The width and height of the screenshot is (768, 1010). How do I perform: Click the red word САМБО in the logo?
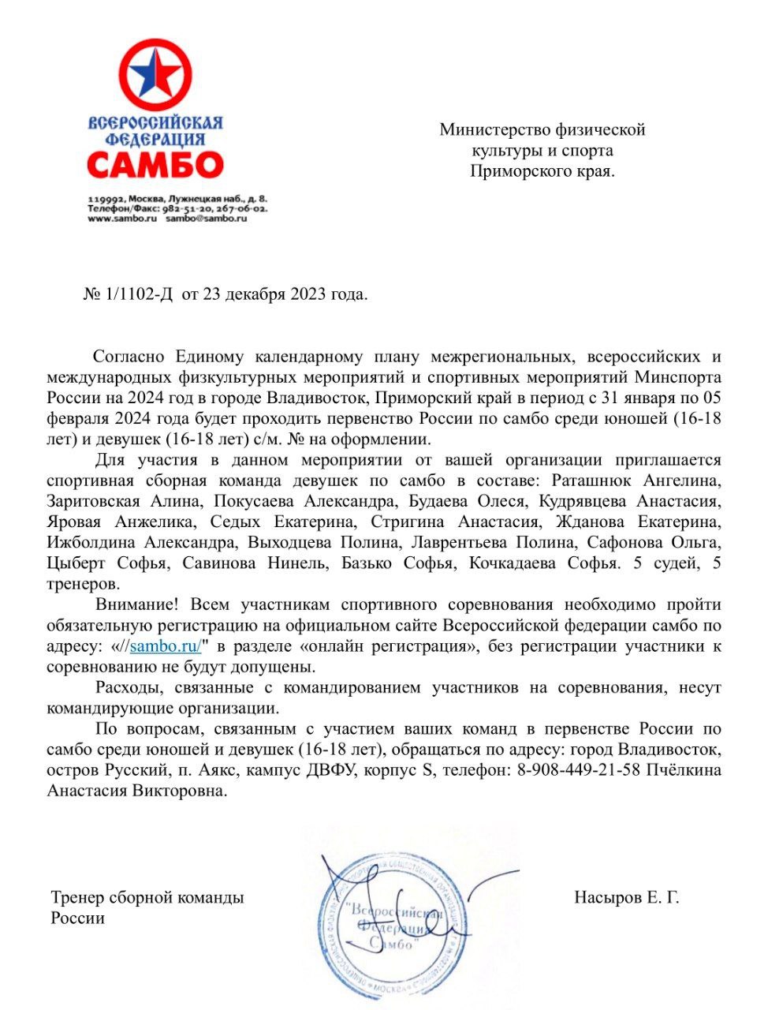pyautogui.click(x=155, y=165)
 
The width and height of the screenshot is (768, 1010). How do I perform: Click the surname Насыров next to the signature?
pyautogui.click(x=608, y=897)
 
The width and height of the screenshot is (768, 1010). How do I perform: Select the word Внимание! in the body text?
pyautogui.click(x=137, y=604)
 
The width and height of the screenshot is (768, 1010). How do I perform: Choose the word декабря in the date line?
pyautogui.click(x=255, y=294)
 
